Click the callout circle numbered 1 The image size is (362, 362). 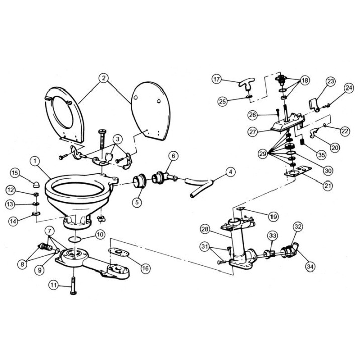tap(35, 161)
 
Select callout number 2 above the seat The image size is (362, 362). tap(103, 78)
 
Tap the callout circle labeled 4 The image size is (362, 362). tap(230, 173)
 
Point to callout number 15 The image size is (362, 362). tap(16, 173)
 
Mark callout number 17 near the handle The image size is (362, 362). tap(216, 79)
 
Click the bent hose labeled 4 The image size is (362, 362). tap(201, 184)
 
